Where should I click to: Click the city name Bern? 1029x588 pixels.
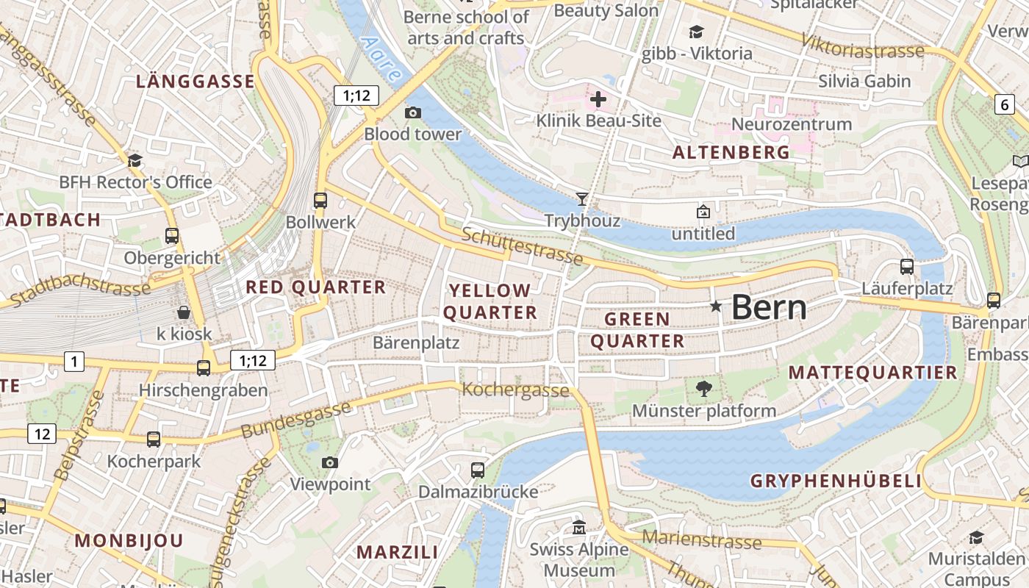point(769,307)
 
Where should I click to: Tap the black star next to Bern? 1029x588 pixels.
point(716,306)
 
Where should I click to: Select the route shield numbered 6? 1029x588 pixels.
point(1005,104)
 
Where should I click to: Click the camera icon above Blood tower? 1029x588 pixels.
point(413,112)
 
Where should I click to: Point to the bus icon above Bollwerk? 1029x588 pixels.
point(320,200)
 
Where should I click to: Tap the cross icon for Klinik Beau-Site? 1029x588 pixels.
point(598,98)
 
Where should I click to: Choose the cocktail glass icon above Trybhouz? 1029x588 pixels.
point(582,198)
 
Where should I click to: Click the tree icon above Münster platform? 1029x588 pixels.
point(704,389)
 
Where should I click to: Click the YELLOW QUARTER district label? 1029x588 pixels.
point(490,301)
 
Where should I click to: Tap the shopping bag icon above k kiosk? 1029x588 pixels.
point(184,312)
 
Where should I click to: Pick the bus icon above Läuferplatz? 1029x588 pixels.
point(907,267)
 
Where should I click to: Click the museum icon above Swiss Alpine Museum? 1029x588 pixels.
point(580,528)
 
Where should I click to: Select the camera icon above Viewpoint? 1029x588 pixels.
point(330,462)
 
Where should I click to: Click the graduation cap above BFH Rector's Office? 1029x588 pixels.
point(135,160)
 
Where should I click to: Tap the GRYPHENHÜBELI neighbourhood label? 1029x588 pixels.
point(836,481)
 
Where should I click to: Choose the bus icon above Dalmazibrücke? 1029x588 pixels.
point(478,470)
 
